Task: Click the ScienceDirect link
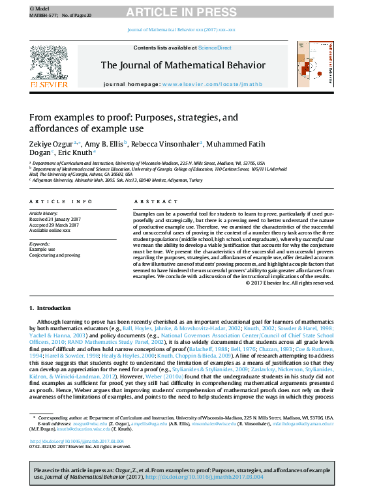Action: pos(215,48)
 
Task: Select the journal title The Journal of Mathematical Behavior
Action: pos(183,65)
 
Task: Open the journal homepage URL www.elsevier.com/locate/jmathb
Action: pos(211,85)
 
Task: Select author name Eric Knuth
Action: pos(76,152)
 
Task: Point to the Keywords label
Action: pos(40,243)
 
